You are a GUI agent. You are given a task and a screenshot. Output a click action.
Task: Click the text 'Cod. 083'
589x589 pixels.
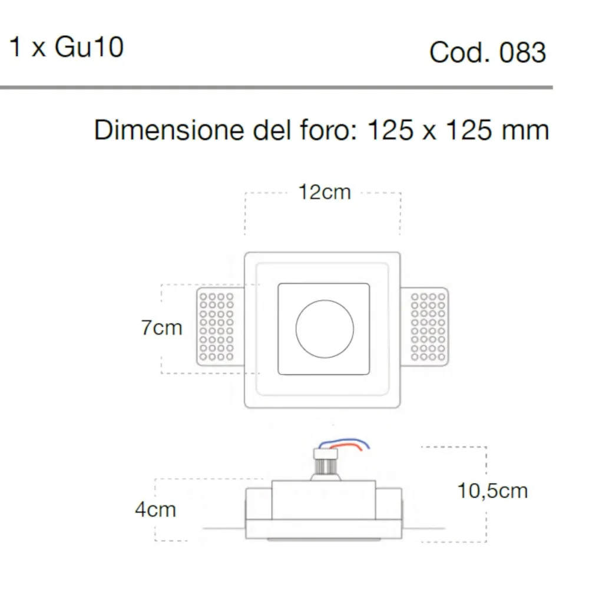pos(488,53)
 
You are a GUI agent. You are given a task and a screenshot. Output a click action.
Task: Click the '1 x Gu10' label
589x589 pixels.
pos(67,47)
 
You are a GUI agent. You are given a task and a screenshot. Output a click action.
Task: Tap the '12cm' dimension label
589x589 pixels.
pos(324,192)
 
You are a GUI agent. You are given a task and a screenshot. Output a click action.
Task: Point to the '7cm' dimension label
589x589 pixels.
pos(161,327)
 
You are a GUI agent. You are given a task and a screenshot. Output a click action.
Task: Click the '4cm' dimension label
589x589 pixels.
pos(155,509)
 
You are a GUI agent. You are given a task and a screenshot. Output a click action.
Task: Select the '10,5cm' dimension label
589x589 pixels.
pos(492,490)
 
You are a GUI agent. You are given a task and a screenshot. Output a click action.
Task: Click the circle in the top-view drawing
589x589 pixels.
pos(325,328)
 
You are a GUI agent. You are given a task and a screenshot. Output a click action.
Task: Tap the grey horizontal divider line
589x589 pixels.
pos(276,88)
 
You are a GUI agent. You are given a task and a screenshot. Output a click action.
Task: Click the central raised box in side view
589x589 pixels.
pos(323,499)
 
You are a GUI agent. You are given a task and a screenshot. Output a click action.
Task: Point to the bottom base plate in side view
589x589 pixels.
pos(323,528)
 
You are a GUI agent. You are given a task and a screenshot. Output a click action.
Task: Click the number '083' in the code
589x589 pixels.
pos(522,53)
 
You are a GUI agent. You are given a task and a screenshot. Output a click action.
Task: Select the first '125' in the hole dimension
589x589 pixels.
pos(389,130)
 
